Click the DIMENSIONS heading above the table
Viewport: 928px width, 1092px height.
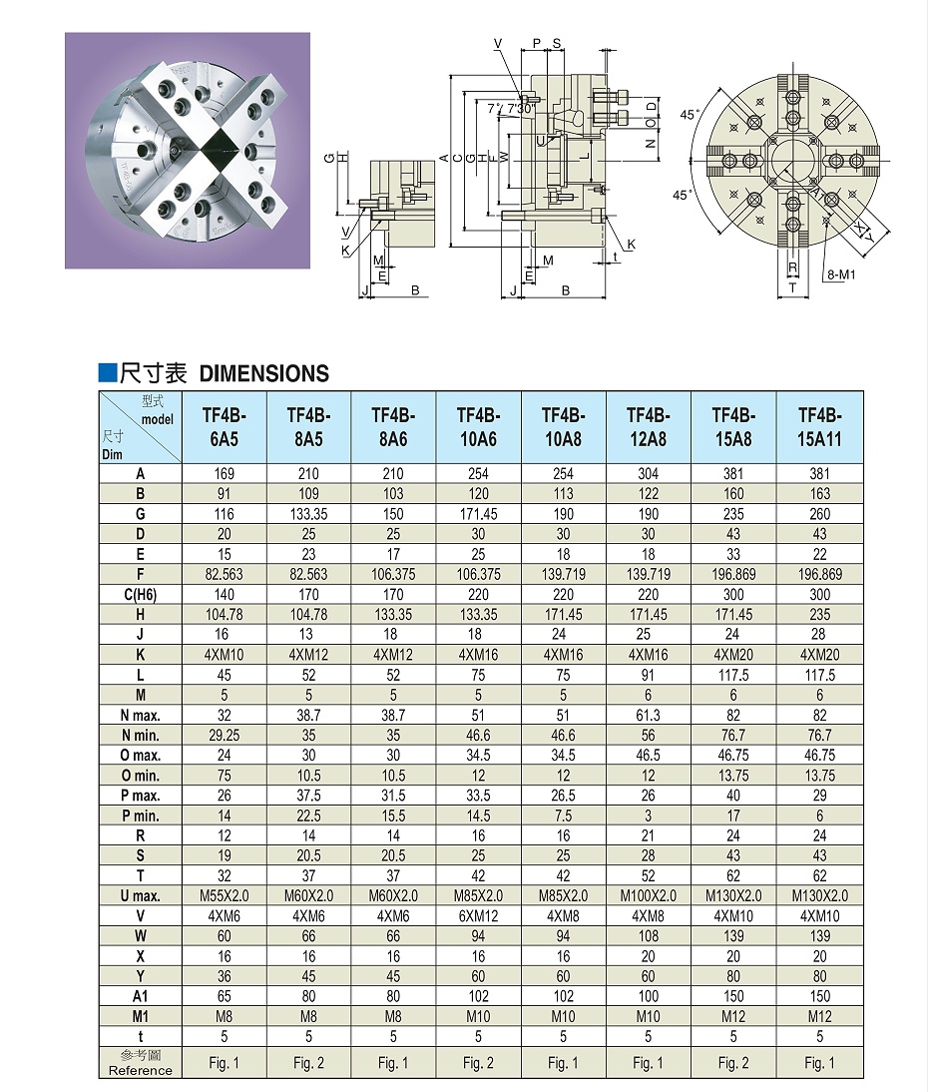[263, 374]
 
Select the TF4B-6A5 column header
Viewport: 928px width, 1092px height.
[224, 426]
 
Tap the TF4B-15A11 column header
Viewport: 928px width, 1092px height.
[819, 426]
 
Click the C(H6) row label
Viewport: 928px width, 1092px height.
[141, 594]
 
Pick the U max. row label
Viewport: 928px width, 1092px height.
[141, 895]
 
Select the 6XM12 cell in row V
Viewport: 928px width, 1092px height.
[478, 915]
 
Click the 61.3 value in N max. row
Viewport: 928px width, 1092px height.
[648, 715]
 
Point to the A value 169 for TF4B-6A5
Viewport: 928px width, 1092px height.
[224, 473]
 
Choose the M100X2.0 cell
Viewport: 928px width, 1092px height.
[648, 895]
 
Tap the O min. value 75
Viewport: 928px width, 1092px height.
[224, 776]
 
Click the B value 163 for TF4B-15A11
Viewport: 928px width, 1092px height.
[819, 493]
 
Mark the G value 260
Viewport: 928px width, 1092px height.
[819, 513]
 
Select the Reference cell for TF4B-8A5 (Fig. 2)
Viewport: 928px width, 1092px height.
[308, 1063]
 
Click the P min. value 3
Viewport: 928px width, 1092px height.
[648, 816]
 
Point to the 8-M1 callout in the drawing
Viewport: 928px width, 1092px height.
[840, 273]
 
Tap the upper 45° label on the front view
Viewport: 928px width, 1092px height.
[688, 114]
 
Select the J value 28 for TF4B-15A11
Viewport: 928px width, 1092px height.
[819, 634]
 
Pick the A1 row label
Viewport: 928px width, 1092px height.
[141, 996]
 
